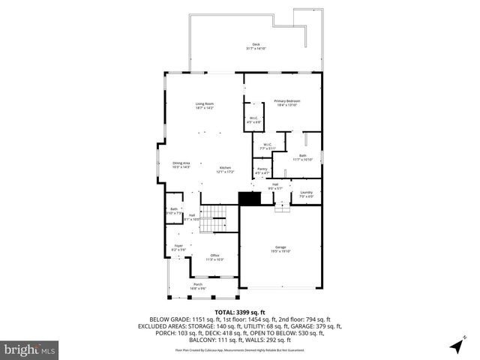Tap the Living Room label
(x=205, y=106)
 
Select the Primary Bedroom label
(x=286, y=103)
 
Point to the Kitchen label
(x=225, y=169)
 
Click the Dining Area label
(x=181, y=165)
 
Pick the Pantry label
(x=262, y=171)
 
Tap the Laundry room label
(x=306, y=194)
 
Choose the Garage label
(x=281, y=249)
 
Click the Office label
(x=214, y=257)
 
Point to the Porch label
(x=198, y=286)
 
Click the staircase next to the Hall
(x=215, y=217)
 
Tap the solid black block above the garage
(x=250, y=199)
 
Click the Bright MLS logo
(x=30, y=349)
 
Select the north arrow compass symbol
(x=457, y=345)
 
